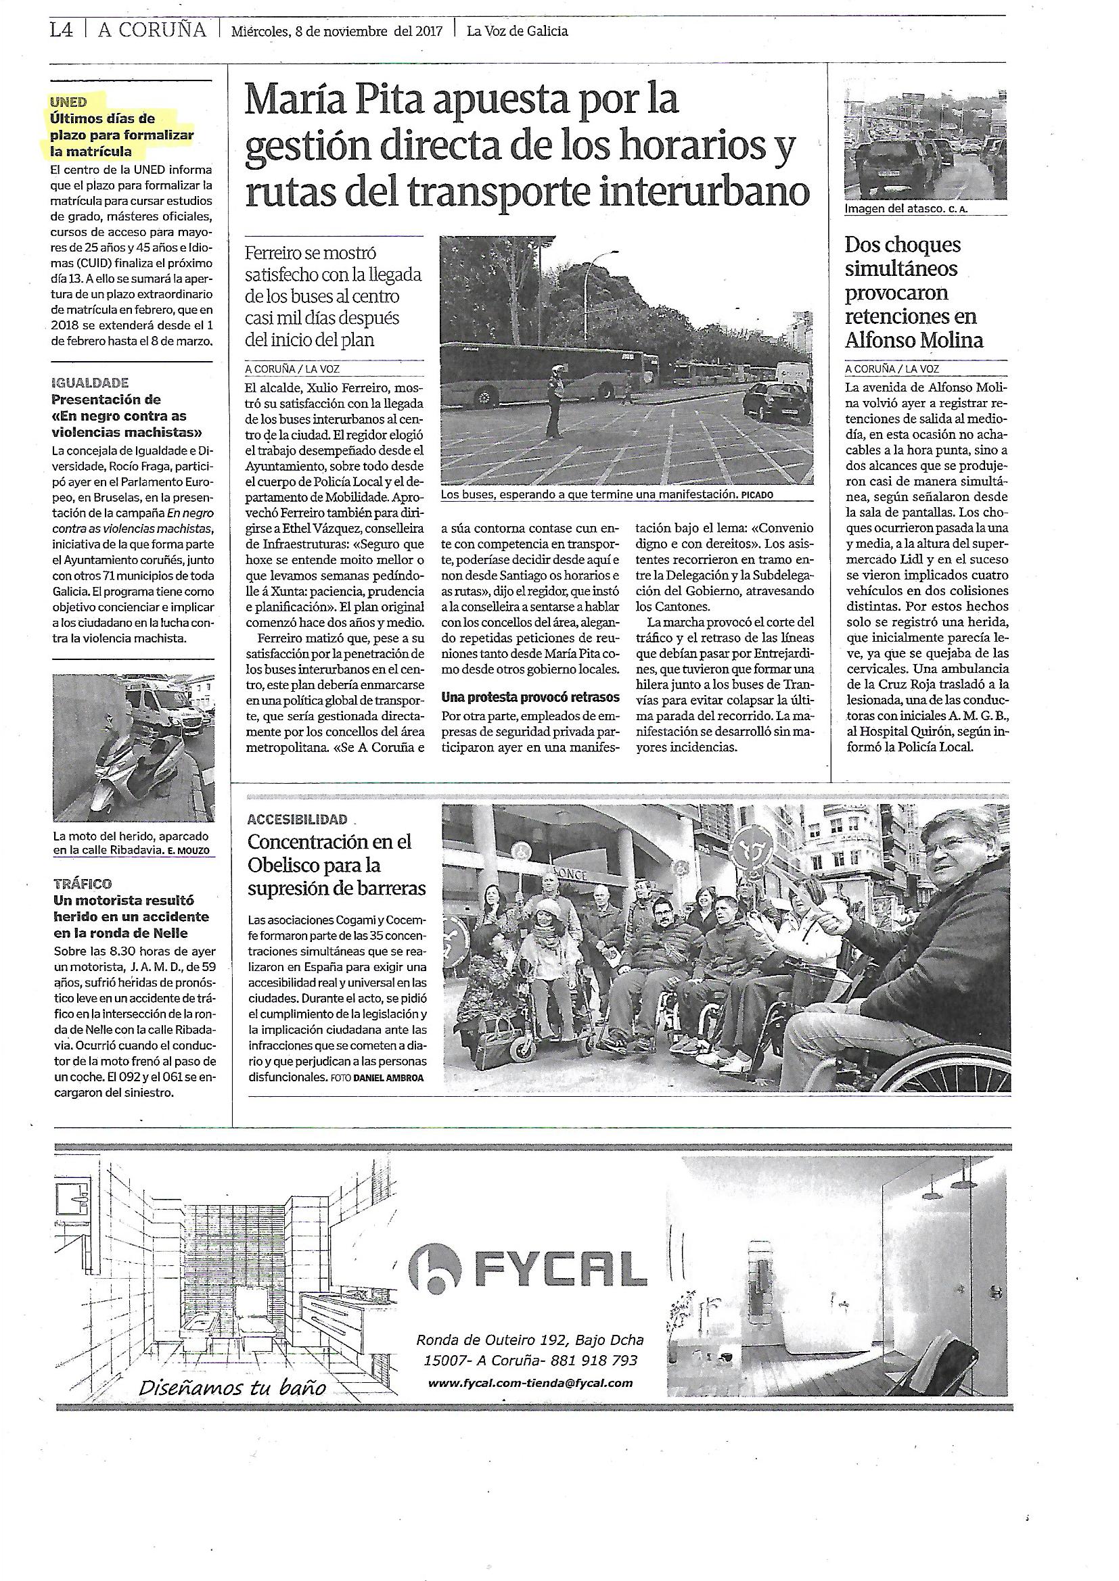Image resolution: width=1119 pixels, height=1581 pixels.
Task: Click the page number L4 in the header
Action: (62, 30)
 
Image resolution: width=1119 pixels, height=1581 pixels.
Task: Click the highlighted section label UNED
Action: (68, 102)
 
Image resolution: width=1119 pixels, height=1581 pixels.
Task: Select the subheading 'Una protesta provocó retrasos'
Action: (530, 698)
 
